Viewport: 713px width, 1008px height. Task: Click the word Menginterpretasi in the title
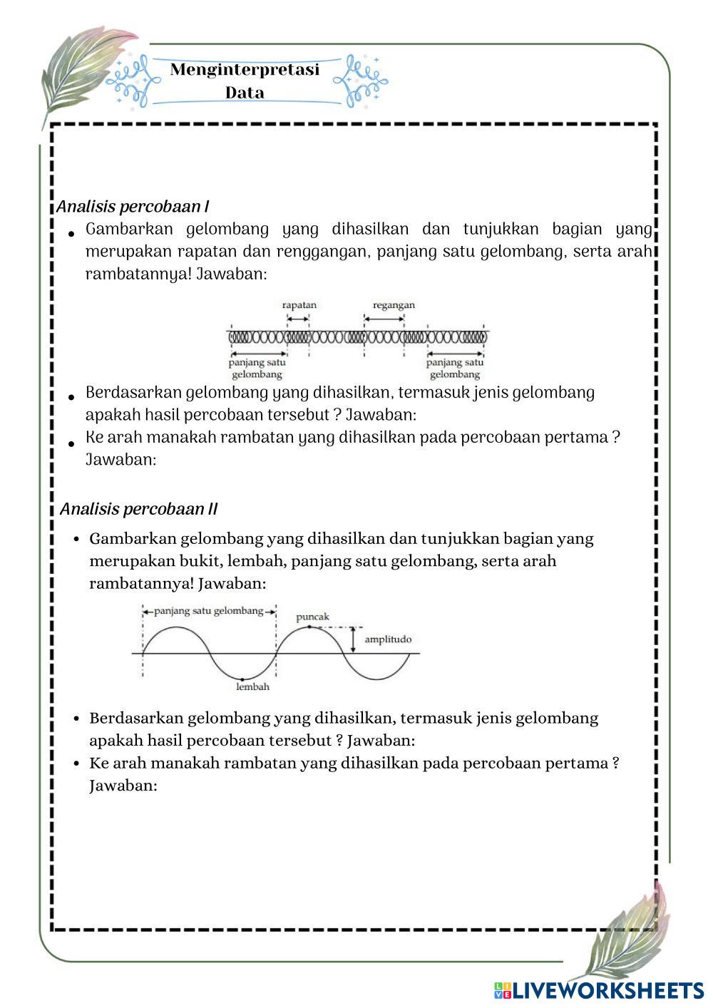(x=245, y=70)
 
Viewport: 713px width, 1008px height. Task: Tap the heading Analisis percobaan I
(x=133, y=207)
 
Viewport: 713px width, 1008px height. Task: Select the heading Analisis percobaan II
(x=138, y=509)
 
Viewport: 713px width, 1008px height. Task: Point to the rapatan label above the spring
(x=299, y=305)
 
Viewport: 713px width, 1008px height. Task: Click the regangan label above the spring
(x=394, y=305)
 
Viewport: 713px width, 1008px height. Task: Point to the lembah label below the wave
(x=252, y=686)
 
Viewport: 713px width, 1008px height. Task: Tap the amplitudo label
(x=388, y=639)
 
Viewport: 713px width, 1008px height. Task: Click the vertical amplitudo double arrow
(x=353, y=640)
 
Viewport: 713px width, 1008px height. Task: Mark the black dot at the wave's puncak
(x=309, y=627)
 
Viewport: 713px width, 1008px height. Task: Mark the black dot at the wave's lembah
(x=242, y=679)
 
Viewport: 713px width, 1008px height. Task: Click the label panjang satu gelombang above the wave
(x=208, y=611)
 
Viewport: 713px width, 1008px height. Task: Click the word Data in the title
(x=245, y=93)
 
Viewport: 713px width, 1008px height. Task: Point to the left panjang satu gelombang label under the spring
(x=257, y=368)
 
